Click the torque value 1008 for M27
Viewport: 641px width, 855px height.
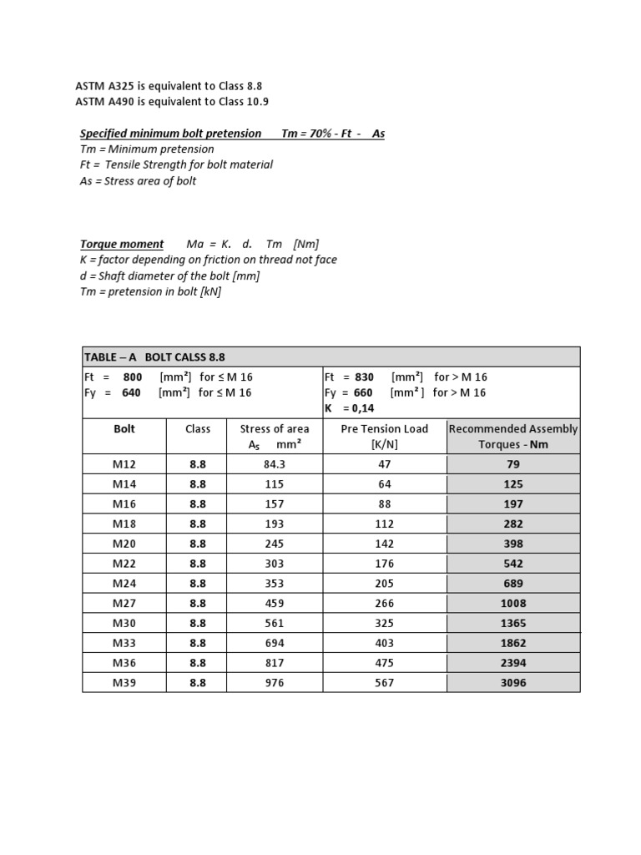pos(513,604)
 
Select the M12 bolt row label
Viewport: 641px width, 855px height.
pos(124,464)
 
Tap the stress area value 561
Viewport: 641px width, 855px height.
pos(274,624)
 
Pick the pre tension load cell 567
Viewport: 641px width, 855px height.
pos(384,683)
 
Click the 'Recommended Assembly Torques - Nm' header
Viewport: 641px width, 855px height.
pos(513,437)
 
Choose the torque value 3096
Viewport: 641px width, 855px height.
pos(513,683)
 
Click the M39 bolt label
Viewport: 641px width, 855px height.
pos(124,683)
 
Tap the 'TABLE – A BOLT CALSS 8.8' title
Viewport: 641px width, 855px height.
pos(154,357)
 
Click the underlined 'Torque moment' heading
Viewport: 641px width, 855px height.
pos(122,244)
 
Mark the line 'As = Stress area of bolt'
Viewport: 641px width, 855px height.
pos(138,181)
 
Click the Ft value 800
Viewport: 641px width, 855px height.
pos(132,377)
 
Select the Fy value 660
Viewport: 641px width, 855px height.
pos(363,392)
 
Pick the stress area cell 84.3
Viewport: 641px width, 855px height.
pos(274,464)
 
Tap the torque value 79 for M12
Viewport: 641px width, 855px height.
pos(513,464)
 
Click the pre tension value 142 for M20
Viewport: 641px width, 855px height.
pos(384,544)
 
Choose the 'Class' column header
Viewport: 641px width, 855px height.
pos(198,429)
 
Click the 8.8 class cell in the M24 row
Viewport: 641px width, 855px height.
pos(198,584)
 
